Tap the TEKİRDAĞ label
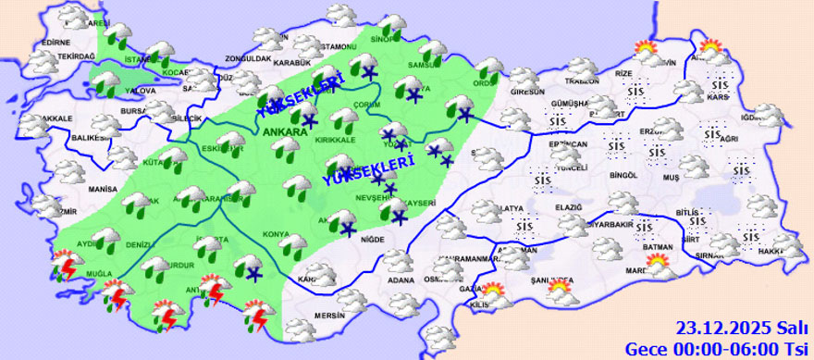click(78, 56)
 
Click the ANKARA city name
click(285, 133)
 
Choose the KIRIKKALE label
click(337, 140)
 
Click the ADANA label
click(401, 279)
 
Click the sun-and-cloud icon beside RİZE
click(643, 50)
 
